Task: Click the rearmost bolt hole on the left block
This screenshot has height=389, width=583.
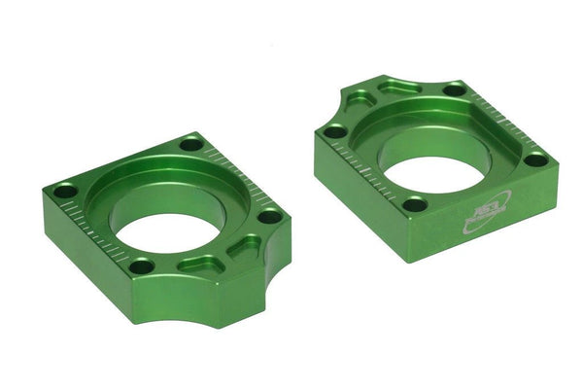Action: click(191, 144)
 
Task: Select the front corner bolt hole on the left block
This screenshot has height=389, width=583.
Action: click(142, 265)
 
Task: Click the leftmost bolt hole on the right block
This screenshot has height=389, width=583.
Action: click(334, 130)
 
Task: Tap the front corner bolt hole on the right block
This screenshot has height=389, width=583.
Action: click(414, 204)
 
